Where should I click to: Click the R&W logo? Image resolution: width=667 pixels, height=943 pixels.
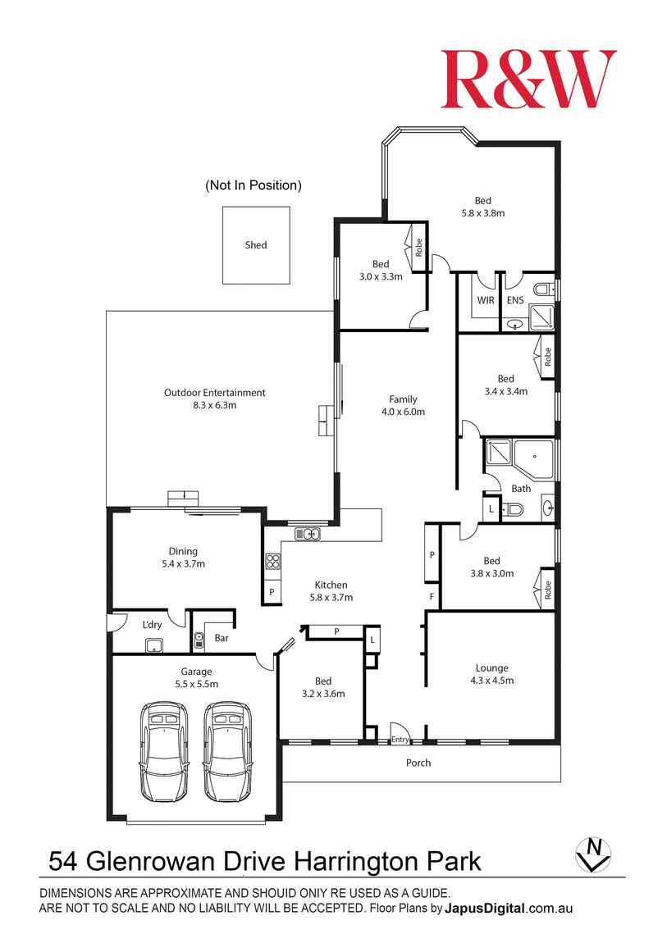(528, 79)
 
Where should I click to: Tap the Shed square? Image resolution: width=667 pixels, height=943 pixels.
(256, 245)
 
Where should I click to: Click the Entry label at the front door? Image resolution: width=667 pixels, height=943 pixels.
(400, 740)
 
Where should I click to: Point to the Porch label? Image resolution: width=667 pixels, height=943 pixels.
(418, 763)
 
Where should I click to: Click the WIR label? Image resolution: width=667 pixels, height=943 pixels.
(486, 300)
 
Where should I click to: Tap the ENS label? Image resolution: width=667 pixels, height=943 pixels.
(515, 300)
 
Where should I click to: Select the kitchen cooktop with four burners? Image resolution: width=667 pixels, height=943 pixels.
(272, 562)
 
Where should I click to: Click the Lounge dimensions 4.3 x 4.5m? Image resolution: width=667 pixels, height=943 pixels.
(491, 680)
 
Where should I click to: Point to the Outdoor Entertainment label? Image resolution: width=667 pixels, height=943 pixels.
(215, 393)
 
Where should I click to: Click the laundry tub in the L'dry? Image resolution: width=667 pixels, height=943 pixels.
(153, 645)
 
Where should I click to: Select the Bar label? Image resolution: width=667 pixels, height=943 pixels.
(221, 637)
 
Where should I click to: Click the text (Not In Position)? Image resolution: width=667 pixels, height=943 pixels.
(254, 185)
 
